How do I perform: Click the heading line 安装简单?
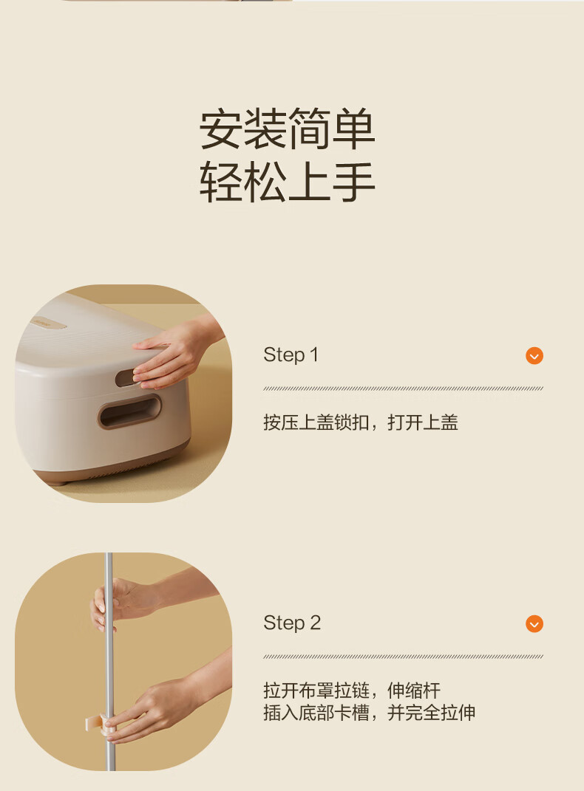[288, 129]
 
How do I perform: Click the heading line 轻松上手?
[288, 182]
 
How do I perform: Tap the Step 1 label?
[291, 355]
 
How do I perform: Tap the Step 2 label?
[292, 623]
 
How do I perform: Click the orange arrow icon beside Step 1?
[534, 356]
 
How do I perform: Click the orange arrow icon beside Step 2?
[534, 623]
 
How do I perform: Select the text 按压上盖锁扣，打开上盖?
[361, 422]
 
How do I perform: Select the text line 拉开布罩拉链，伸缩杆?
[352, 690]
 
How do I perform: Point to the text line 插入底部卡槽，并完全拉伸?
[369, 712]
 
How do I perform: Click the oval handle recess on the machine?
[129, 411]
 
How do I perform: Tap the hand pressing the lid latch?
[174, 353]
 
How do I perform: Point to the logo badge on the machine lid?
[49, 323]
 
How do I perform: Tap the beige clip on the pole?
[99, 723]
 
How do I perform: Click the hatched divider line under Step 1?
[403, 388]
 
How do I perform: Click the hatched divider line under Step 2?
[403, 657]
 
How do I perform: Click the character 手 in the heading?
[354, 182]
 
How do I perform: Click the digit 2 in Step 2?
[316, 623]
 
